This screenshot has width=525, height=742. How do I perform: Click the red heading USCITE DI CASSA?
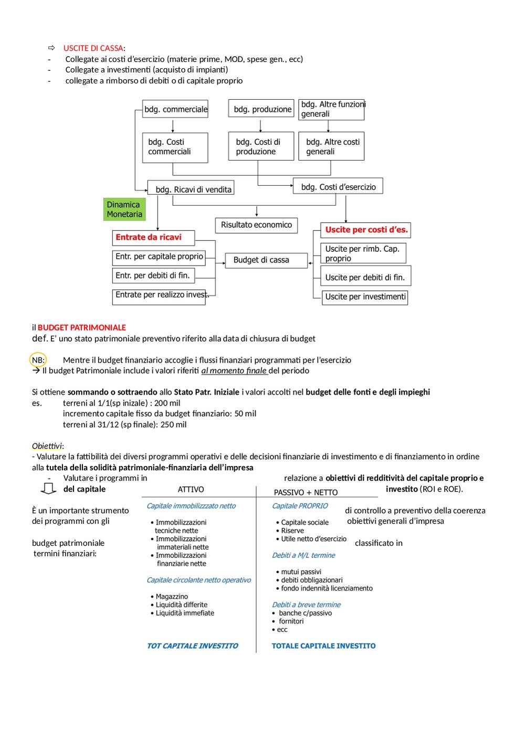93,48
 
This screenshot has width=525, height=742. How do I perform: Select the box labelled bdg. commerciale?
175,109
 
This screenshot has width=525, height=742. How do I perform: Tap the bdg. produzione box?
261,108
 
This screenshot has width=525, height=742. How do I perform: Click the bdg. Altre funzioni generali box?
331,110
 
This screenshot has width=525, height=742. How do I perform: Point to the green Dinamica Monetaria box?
124,209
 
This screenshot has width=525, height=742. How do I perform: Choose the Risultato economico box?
256,225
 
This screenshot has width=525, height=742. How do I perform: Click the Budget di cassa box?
266,260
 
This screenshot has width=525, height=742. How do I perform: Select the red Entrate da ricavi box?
153,238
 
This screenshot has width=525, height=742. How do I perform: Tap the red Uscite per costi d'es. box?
365,230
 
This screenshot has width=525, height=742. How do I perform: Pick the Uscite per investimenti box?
364,298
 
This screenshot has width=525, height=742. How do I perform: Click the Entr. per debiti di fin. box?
153,276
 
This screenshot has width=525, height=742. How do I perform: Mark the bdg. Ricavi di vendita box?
191,187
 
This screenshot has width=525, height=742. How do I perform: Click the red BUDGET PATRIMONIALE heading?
81,327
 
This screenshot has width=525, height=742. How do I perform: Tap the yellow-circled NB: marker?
38,360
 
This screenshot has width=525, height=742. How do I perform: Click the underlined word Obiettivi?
47,446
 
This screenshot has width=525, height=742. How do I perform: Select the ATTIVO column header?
191,490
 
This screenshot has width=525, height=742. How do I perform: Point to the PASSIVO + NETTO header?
306,493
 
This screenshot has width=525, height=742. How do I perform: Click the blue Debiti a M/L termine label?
303,555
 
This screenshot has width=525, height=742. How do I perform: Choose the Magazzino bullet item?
170,597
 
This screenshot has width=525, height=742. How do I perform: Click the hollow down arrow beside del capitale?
48,489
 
